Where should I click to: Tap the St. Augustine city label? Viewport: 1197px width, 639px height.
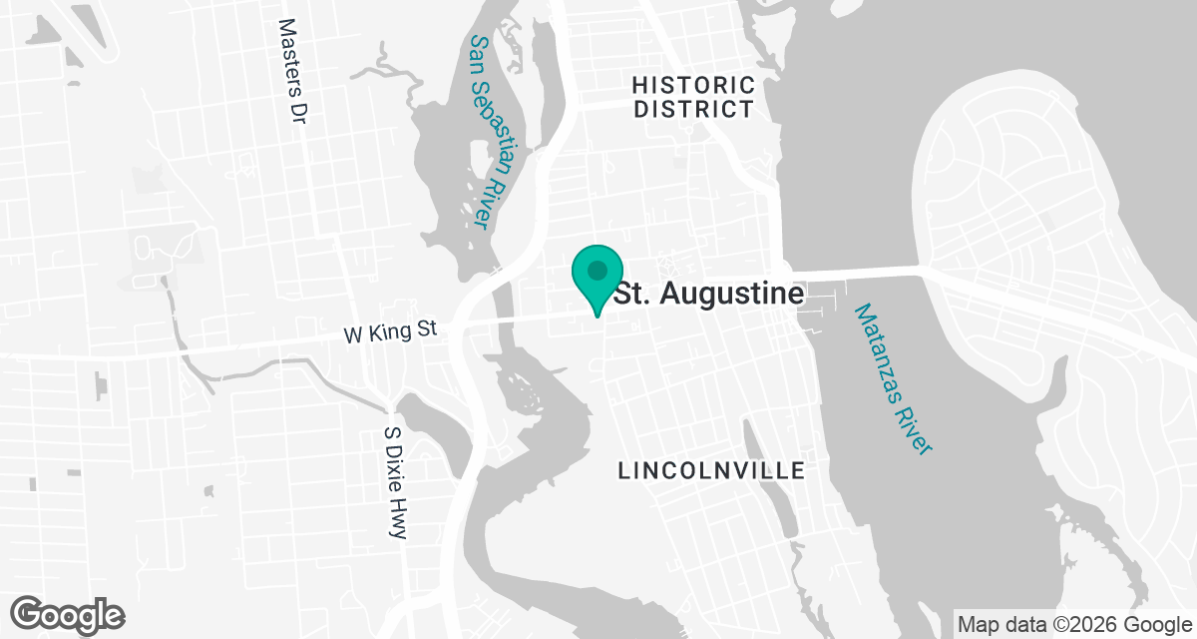[x=708, y=295]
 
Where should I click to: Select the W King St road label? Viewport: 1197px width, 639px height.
[x=391, y=332]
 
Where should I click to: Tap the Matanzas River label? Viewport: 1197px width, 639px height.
[x=893, y=379]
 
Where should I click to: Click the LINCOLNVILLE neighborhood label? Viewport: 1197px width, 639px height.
[x=711, y=470]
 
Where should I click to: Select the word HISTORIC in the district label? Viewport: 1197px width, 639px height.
[x=694, y=85]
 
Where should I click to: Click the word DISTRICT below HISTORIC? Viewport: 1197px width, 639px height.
[x=694, y=109]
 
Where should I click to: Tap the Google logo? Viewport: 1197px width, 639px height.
[x=68, y=613]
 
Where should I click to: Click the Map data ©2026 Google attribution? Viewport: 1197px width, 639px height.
[x=1073, y=625]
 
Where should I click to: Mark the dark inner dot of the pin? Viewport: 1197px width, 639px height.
[x=598, y=270]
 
